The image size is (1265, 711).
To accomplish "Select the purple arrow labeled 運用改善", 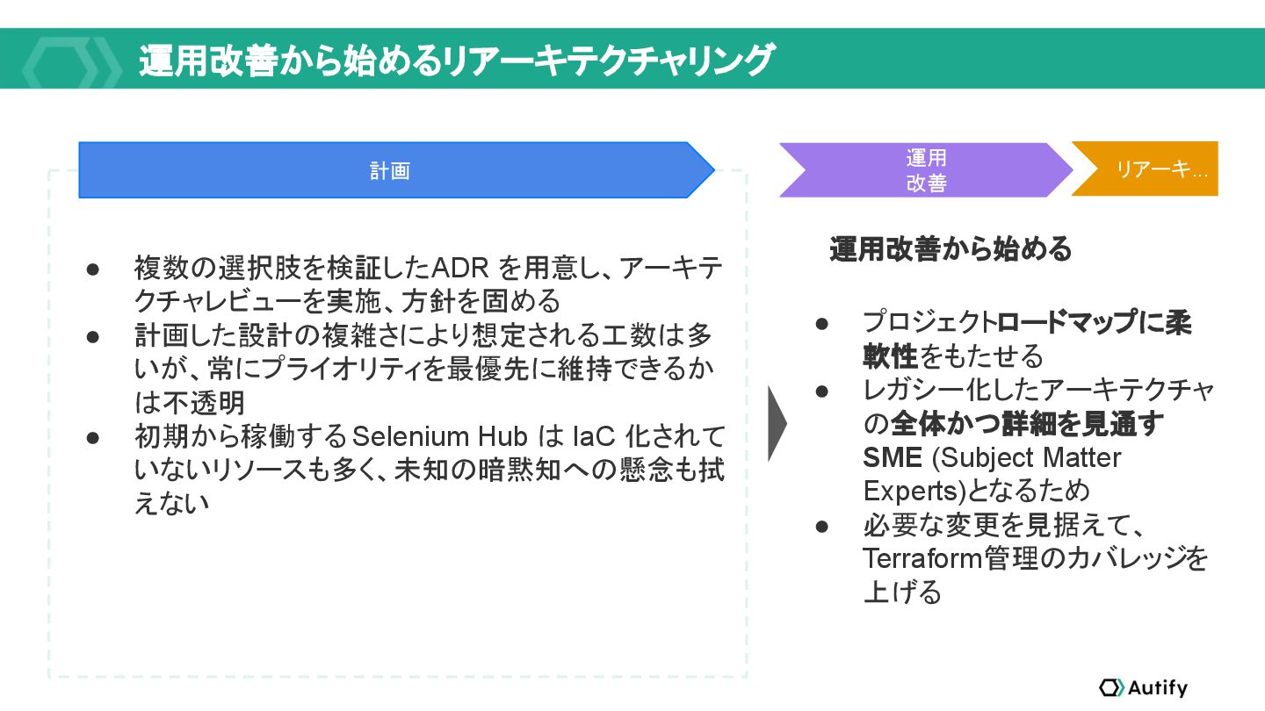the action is pos(926,170).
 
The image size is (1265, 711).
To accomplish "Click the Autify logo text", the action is pos(1157,687).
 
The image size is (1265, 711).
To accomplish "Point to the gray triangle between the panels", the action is pos(776,422).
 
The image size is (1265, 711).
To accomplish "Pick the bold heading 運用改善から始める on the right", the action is pos(951,249).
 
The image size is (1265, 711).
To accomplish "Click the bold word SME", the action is pos(893,457).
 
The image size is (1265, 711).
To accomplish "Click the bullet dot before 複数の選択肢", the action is pos(93,267).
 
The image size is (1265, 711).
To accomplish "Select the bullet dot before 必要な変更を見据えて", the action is pos(822,527).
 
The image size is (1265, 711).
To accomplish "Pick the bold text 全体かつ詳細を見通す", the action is pos(1028,424).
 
